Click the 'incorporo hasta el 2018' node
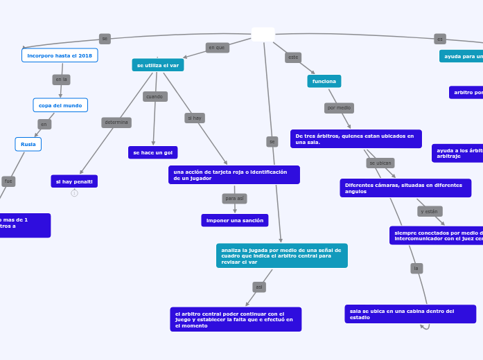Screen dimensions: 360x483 [x=60, y=55]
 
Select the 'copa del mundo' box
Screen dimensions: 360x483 [x=60, y=105]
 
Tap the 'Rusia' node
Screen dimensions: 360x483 [x=28, y=144]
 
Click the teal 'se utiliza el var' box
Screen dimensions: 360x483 [x=158, y=65]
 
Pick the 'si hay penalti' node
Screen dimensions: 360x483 [x=74, y=181]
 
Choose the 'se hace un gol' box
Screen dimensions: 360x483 [x=153, y=152]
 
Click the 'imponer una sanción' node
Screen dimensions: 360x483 [x=235, y=220]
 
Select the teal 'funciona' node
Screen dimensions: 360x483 [x=324, y=81]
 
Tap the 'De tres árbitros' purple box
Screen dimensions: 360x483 [x=356, y=139]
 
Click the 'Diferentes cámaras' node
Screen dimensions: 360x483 [x=405, y=188]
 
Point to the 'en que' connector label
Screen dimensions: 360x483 [x=217, y=48]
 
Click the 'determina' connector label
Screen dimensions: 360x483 [x=116, y=123]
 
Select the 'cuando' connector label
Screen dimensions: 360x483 [x=155, y=97]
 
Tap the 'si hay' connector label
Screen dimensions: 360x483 [x=195, y=118]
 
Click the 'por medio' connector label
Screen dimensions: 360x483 [x=339, y=108]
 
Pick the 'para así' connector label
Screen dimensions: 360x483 [x=234, y=199]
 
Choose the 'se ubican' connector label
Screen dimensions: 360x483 [x=380, y=163]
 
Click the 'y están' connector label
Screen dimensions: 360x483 [x=430, y=211]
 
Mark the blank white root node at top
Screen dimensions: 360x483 [x=263, y=35]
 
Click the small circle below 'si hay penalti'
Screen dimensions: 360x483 [x=74, y=193]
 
